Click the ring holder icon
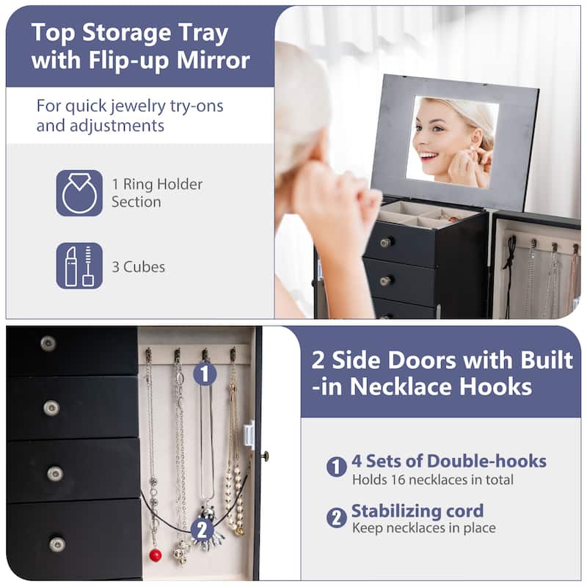[79, 193]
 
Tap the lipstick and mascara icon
[79, 266]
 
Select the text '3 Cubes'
[138, 267]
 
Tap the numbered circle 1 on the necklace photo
[205, 373]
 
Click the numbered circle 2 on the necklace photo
[203, 529]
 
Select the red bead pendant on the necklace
[155, 555]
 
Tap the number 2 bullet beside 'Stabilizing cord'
[336, 517]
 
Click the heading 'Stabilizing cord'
[417, 511]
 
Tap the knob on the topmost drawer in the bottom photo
[48, 343]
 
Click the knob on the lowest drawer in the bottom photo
[57, 544]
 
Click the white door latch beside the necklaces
[249, 434]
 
